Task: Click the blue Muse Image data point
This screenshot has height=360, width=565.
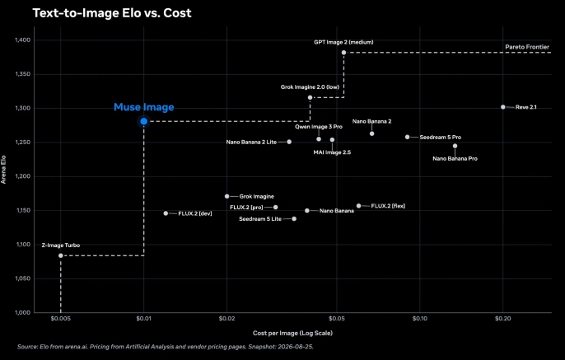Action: (144, 121)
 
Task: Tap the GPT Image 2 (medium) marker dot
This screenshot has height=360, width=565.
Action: (343, 53)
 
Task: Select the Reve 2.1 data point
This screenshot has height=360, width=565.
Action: (503, 107)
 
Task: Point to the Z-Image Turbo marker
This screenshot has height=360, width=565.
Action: (61, 255)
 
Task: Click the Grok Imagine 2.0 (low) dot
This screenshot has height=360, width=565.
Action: (310, 98)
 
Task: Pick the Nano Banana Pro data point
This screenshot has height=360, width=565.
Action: (455, 146)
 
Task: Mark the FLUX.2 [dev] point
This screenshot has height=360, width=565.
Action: (166, 213)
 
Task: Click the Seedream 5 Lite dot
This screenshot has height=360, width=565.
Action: (294, 219)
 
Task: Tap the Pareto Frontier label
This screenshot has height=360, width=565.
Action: (527, 47)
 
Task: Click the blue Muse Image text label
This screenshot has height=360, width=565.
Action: (144, 107)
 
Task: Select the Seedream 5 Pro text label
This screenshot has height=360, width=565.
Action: (441, 138)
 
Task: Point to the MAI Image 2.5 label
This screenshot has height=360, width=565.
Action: (332, 152)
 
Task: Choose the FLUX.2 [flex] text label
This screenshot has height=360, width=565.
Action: (388, 206)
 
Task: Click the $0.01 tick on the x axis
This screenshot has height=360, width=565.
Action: (144, 319)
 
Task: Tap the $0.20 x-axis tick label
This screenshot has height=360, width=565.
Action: (503, 319)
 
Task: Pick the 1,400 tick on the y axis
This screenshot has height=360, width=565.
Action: (23, 40)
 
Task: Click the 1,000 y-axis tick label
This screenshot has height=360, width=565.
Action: (23, 312)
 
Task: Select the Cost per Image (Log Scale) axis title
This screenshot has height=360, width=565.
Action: (292, 333)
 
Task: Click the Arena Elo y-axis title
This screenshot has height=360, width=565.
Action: (3, 170)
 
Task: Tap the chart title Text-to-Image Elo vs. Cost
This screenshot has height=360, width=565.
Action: (112, 13)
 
